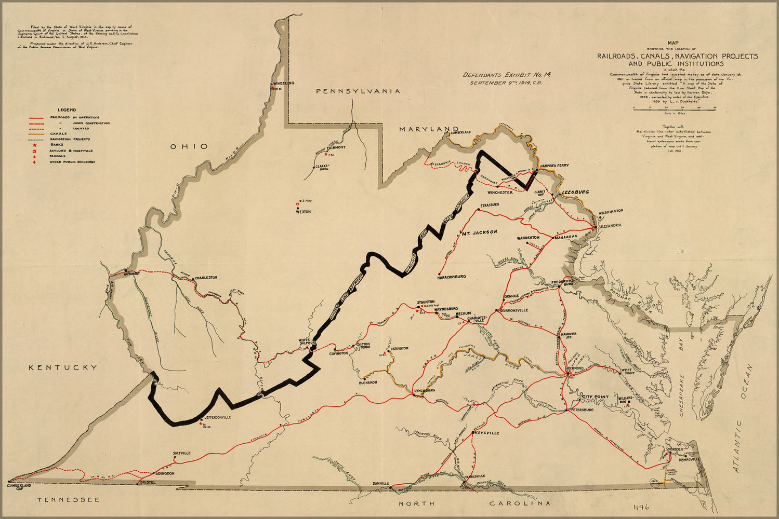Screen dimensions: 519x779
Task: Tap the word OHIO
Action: pyautogui.click(x=189, y=146)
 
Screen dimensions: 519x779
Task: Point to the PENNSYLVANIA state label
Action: pyautogui.click(x=359, y=91)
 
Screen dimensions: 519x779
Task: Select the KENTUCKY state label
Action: pyautogui.click(x=62, y=367)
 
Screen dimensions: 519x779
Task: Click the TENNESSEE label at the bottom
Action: pyautogui.click(x=68, y=499)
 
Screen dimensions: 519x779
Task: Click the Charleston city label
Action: pyautogui.click(x=206, y=278)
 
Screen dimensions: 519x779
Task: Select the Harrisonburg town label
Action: pyautogui.click(x=452, y=277)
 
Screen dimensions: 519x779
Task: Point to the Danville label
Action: pyautogui.click(x=381, y=484)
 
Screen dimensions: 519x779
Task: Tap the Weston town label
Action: pyautogui.click(x=303, y=212)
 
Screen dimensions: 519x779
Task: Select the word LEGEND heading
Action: pyautogui.click(x=67, y=110)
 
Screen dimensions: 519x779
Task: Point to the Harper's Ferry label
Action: pyautogui.click(x=554, y=166)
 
